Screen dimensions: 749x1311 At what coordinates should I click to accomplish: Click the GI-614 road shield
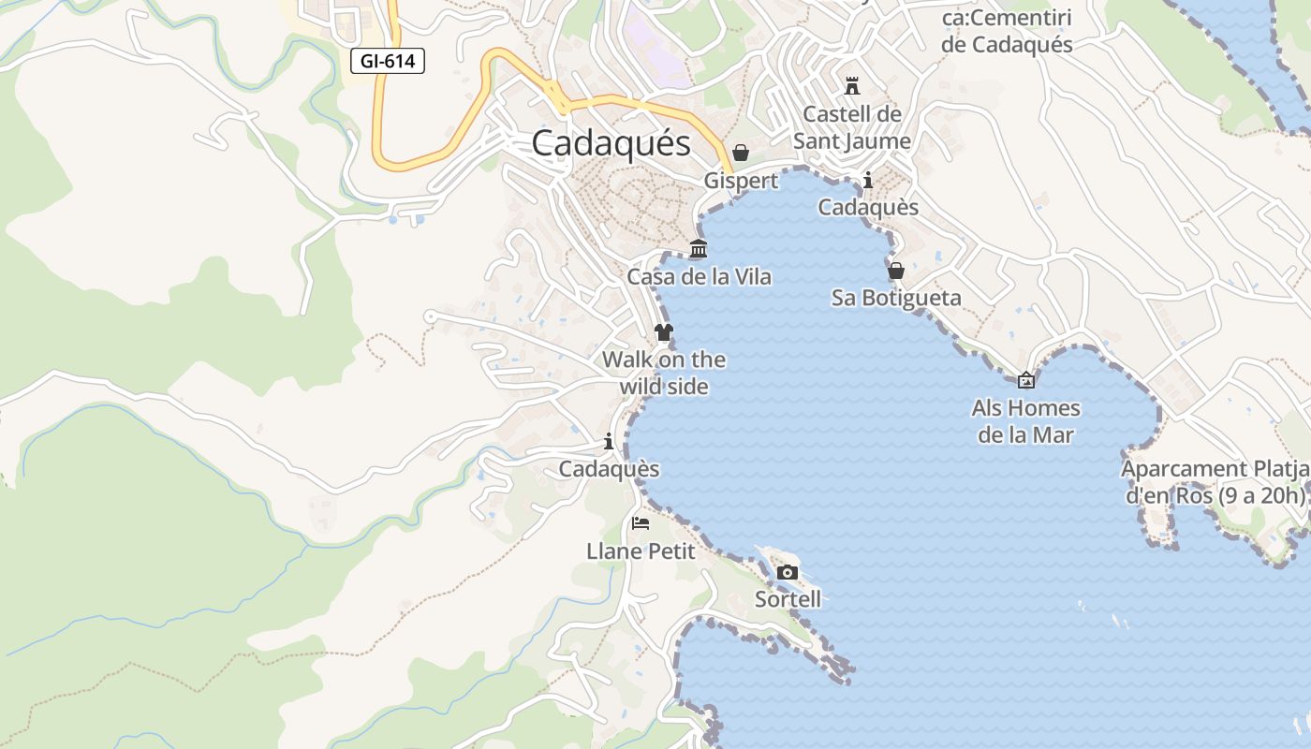pos(388,62)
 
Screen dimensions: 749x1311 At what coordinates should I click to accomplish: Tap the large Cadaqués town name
pos(611,143)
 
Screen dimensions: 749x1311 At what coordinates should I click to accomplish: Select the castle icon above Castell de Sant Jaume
pos(852,86)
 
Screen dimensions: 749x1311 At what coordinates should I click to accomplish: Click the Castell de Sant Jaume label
pos(852,127)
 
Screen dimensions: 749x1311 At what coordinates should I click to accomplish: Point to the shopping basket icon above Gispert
pos(741,153)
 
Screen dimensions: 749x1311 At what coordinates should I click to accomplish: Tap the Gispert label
pos(741,180)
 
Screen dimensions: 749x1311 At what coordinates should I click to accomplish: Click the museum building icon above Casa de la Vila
pos(699,249)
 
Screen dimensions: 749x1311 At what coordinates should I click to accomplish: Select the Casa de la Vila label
pos(699,276)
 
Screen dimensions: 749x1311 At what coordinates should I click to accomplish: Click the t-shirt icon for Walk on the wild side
pos(664,332)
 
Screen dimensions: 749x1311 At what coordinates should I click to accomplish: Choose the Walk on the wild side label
pos(664,373)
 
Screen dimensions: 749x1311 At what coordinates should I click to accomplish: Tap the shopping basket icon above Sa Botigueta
pos(896,271)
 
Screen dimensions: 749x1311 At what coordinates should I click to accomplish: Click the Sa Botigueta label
pos(896,298)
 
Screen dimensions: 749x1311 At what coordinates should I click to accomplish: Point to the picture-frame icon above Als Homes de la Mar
pos(1026,380)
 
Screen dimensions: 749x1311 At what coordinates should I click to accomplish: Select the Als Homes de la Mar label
pos(1026,421)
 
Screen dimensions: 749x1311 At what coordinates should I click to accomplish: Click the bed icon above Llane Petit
pos(641,522)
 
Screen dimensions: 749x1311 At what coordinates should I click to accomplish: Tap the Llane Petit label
pos(641,551)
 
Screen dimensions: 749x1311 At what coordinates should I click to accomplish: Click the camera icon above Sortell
pos(788,572)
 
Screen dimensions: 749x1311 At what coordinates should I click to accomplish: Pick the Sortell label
pos(788,599)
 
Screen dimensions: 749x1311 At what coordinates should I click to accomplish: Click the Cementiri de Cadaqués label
pos(1007,31)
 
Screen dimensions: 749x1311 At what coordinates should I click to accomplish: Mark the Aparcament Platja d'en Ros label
pos(1215,482)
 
